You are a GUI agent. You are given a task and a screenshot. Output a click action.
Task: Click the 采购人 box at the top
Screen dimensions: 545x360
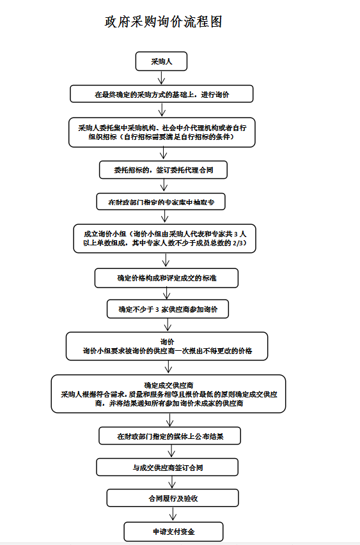(x=161, y=61)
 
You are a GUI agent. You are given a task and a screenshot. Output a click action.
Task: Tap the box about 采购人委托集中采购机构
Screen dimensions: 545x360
(x=162, y=132)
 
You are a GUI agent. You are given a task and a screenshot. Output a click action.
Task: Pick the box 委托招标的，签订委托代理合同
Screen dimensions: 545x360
(x=163, y=170)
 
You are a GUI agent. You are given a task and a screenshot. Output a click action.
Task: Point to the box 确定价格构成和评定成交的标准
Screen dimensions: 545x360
(x=166, y=278)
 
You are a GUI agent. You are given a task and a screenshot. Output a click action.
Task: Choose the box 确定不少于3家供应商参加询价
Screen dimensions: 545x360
(x=168, y=309)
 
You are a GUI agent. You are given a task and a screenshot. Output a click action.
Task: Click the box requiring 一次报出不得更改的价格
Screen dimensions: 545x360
(x=167, y=346)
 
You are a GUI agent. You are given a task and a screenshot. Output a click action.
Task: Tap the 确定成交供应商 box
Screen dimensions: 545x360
(x=168, y=394)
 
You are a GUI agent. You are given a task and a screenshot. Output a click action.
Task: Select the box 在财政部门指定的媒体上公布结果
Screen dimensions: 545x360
(x=170, y=436)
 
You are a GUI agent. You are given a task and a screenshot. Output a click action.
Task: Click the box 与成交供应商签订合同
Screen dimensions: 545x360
(x=168, y=468)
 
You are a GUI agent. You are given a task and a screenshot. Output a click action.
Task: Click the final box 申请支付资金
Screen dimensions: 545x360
(x=174, y=532)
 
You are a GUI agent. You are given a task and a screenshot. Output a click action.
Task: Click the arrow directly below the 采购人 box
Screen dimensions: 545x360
(x=162, y=77)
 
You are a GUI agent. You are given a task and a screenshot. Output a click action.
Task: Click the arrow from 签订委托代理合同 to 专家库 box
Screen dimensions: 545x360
(x=163, y=185)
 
